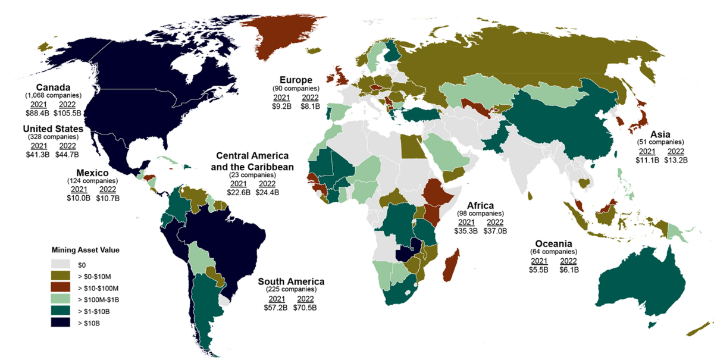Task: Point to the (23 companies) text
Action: [x=252, y=176]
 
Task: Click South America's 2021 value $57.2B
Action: [x=276, y=308]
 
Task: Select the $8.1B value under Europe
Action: [x=310, y=107]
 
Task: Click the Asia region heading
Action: [x=660, y=134]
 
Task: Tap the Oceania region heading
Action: [x=554, y=244]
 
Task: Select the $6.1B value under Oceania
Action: [x=568, y=270]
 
